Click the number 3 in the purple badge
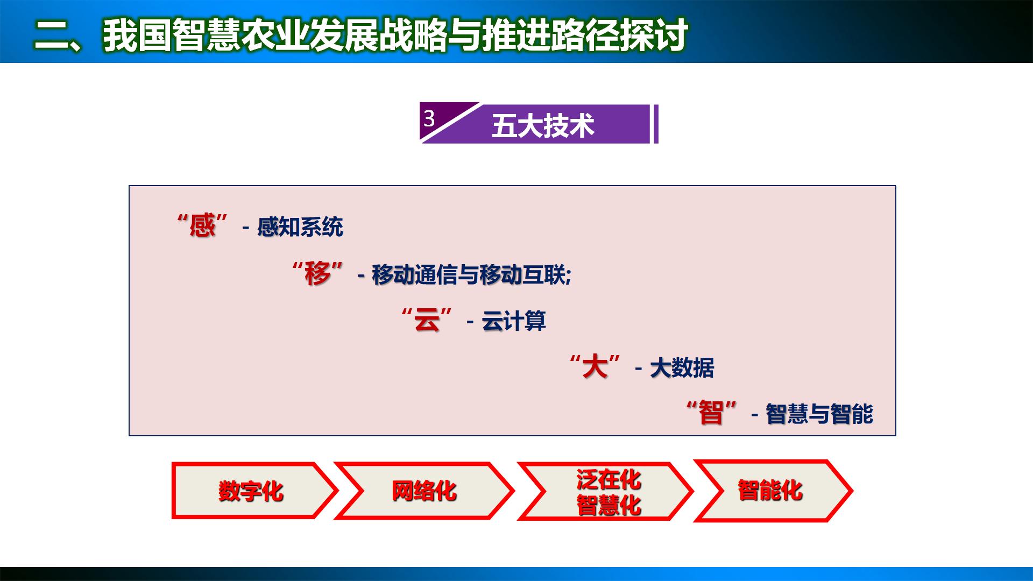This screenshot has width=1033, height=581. (429, 118)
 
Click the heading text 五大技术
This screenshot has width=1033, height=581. (543, 126)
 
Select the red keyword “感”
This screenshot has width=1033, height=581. (202, 225)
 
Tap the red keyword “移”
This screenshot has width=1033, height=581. (317, 274)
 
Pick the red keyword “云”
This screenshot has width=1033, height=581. (427, 321)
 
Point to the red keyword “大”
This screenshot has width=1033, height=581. (595, 367)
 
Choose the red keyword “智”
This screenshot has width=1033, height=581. (711, 413)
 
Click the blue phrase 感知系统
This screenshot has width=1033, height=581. (300, 227)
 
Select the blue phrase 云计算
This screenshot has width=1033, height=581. (514, 322)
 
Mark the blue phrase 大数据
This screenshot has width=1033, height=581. (682, 369)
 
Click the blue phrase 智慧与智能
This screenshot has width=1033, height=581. (819, 414)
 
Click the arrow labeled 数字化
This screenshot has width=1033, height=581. (251, 491)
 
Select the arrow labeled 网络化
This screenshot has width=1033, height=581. (424, 491)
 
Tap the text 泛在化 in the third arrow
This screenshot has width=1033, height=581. (609, 479)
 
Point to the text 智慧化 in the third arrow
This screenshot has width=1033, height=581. (609, 505)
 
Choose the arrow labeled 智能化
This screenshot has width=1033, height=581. (770, 491)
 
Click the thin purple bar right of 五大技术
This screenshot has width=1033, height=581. (656, 124)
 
